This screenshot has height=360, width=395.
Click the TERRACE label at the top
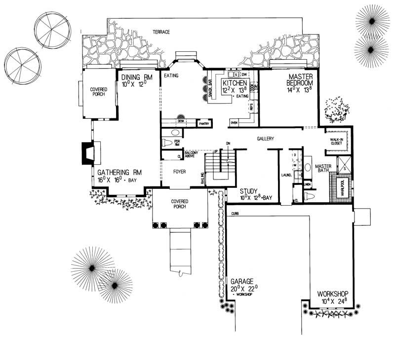coord(161,32)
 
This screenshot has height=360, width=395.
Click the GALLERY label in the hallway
coord(265,139)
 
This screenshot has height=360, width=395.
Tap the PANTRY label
coord(204,124)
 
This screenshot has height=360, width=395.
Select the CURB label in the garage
coord(234,213)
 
